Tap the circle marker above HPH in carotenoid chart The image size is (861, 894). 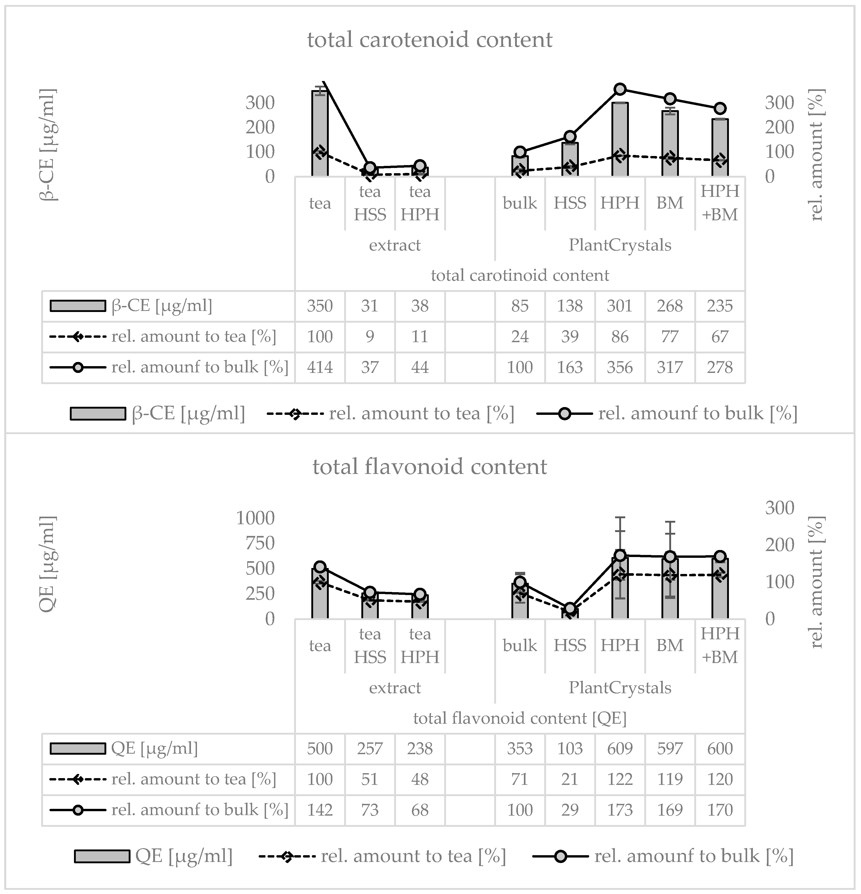pos(620,89)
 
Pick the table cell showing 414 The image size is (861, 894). pos(320,367)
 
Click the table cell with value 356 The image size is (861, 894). pos(620,367)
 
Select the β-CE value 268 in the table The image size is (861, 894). pos(670,306)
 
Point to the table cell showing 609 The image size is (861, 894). pos(620,748)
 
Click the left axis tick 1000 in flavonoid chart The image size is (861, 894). pos(256,518)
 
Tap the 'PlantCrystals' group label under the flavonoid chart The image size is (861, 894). pos(620,688)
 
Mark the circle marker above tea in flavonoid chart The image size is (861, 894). pos(320,567)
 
